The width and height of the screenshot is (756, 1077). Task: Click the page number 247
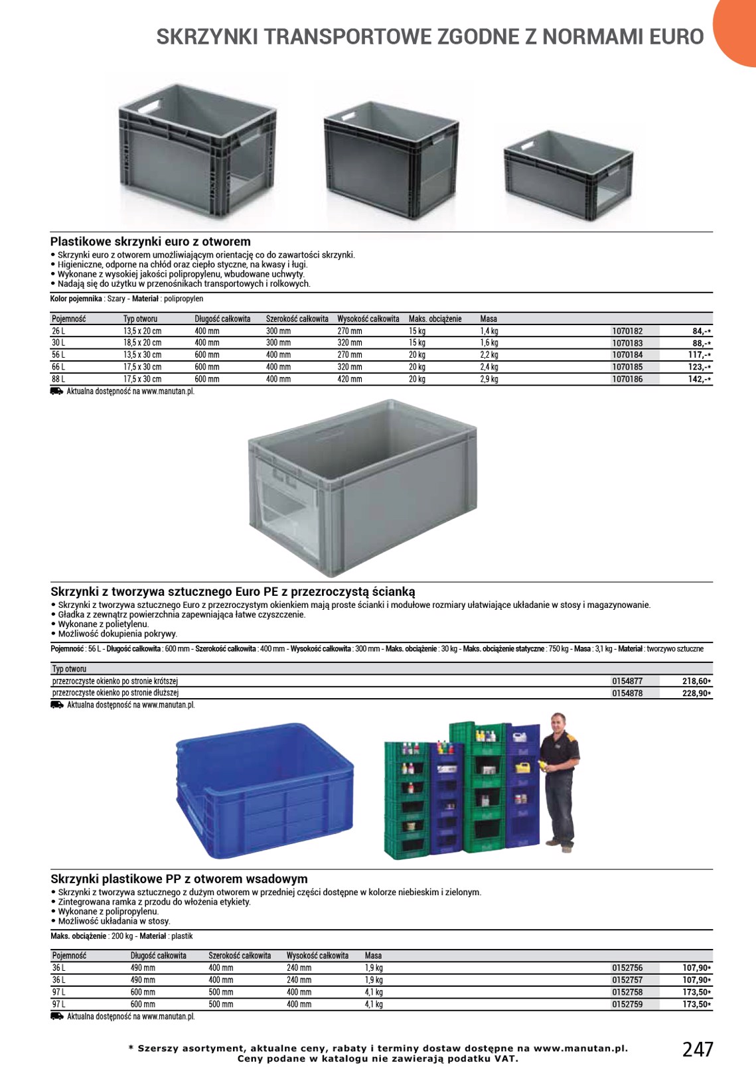[698, 1049]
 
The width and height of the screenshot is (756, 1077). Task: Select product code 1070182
[627, 331]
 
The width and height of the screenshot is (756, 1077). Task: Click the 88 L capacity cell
[58, 379]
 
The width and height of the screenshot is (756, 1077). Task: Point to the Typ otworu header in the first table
[140, 319]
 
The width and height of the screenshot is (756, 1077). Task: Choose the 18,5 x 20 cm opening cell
[142, 343]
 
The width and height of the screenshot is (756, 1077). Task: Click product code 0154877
[627, 681]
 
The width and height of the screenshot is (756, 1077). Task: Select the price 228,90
[696, 693]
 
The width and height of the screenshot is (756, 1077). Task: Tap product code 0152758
[627, 992]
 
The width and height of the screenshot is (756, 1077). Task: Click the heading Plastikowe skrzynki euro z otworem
[151, 242]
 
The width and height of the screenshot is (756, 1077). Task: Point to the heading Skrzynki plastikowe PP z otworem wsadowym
[179, 879]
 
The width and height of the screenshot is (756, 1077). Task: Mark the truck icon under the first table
[56, 392]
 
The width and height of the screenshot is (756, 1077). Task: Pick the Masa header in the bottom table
[373, 956]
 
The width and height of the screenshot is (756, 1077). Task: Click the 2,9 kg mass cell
[489, 379]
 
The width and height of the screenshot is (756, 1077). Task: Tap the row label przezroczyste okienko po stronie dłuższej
[115, 693]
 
